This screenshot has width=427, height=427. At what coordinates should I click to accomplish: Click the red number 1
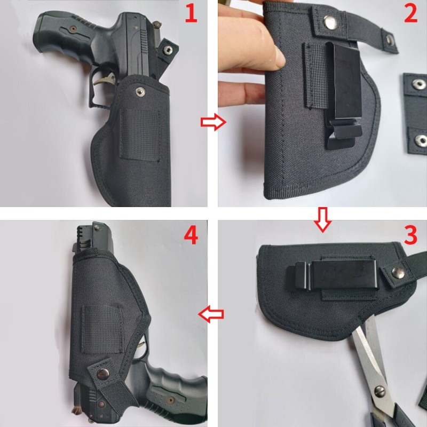(x=191, y=14)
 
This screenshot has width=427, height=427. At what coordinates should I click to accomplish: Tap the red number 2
(x=410, y=14)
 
